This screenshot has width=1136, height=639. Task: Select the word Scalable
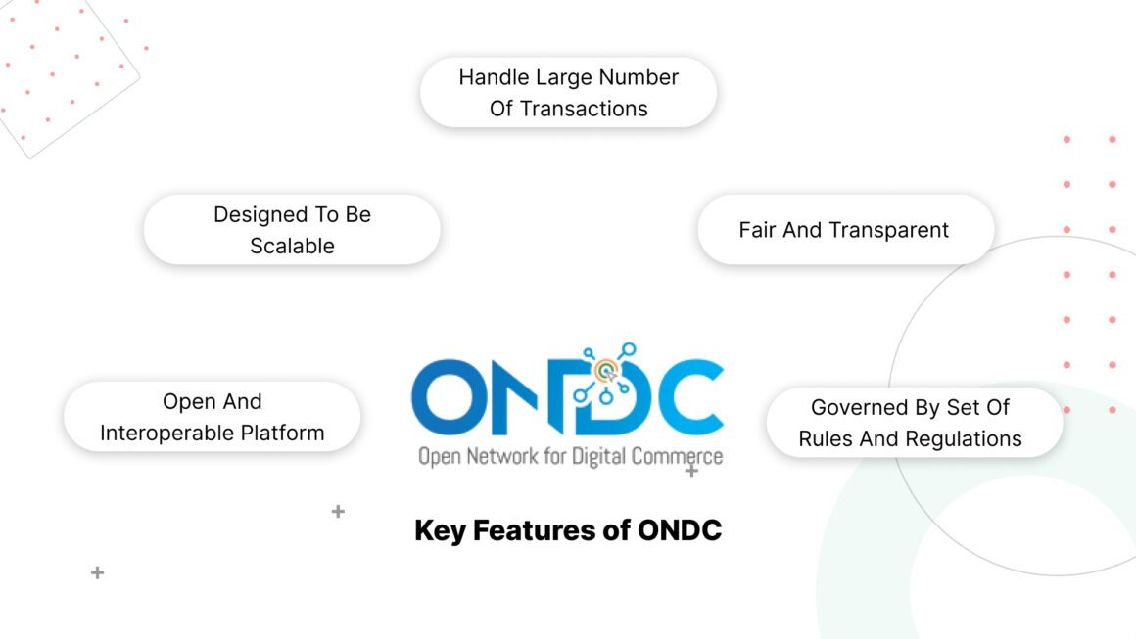point(292,246)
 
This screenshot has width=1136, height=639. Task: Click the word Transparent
point(888,230)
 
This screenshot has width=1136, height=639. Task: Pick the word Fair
point(757,230)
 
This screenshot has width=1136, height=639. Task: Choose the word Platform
point(285,433)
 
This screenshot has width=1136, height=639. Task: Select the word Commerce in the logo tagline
point(677,457)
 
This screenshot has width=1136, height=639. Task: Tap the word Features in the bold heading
point(535,530)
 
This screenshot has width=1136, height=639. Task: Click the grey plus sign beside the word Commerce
point(691,471)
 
